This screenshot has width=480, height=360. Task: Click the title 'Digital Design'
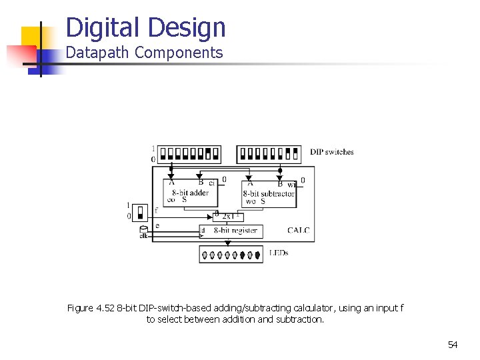pyautogui.click(x=146, y=28)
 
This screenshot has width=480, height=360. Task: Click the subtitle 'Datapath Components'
pyautogui.click(x=144, y=53)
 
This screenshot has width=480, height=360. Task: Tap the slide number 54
pyautogui.click(x=453, y=345)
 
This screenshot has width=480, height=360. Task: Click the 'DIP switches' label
pyautogui.click(x=331, y=152)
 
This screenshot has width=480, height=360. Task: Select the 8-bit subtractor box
pyautogui.click(x=268, y=193)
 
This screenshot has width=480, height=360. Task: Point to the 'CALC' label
pyautogui.click(x=298, y=231)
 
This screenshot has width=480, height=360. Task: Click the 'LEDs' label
pyautogui.click(x=279, y=253)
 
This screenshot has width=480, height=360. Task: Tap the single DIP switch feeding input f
pyautogui.click(x=140, y=212)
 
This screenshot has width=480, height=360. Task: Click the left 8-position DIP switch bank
pyautogui.click(x=191, y=153)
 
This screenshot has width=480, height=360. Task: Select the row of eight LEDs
pyautogui.click(x=231, y=254)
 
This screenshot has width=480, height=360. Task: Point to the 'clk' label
pyautogui.click(x=143, y=235)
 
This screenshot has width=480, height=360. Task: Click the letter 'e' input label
pyautogui.click(x=157, y=226)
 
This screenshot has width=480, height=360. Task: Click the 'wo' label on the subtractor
pyautogui.click(x=251, y=201)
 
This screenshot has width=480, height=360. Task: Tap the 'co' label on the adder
pyautogui.click(x=171, y=199)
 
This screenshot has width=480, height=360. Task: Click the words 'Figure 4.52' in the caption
pyautogui.click(x=91, y=308)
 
